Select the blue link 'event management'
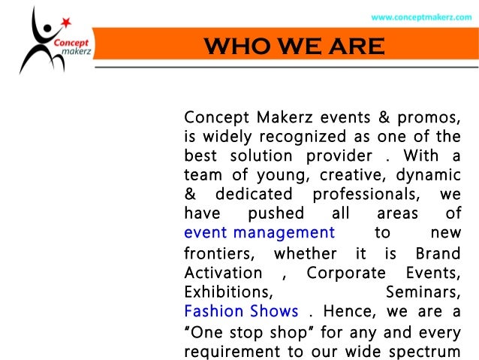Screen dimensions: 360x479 (259, 232)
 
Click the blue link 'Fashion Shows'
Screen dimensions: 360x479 (241, 310)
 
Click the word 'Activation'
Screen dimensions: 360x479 (223, 271)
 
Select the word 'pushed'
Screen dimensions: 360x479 (276, 213)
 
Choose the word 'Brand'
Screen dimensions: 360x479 (438, 252)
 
